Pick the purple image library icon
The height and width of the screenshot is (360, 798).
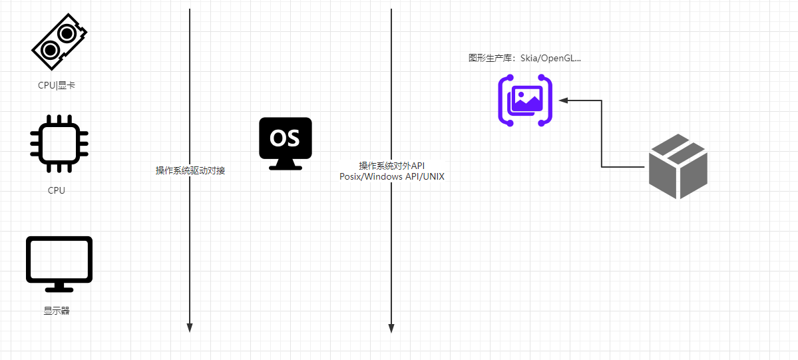pos(525,100)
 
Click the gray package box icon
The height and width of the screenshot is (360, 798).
pos(678,166)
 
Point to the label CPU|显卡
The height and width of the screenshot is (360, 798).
pos(57,85)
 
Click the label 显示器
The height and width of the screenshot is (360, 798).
pos(57,311)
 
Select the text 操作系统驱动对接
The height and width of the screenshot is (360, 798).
pos(190,171)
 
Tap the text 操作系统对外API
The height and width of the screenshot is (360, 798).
pos(391,166)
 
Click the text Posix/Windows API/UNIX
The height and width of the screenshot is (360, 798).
pos(391,176)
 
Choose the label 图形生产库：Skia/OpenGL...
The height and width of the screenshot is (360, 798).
pos(524,59)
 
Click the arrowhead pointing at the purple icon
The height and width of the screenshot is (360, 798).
pos(563,100)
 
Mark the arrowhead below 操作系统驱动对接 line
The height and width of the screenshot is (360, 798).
pos(190,327)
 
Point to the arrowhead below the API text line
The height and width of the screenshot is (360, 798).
pos(391,327)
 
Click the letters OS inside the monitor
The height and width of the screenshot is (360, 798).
pos(284,138)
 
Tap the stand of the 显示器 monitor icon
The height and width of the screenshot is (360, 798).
pos(59,287)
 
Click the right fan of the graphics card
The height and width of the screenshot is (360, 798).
pos(67,33)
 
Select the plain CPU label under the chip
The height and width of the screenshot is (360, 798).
pos(57,190)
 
